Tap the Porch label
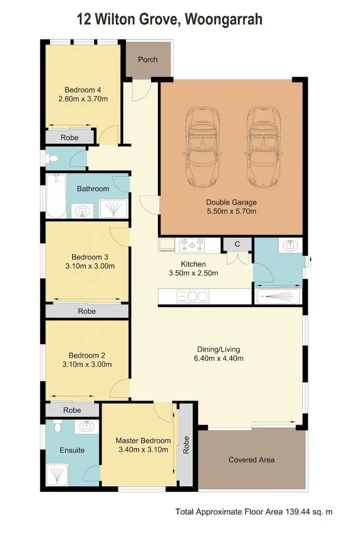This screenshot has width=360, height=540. pyautogui.click(x=147, y=60)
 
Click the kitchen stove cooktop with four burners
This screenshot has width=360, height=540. pyautogui.click(x=192, y=245)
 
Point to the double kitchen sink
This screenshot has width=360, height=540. pyautogui.click(x=192, y=296)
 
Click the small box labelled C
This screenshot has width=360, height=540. pyautogui.click(x=237, y=244)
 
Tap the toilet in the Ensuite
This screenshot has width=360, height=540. pyautogui.click(x=58, y=427)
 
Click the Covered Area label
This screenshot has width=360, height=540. pyautogui.click(x=252, y=460)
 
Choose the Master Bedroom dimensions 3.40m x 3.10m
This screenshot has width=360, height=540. pyautogui.click(x=143, y=450)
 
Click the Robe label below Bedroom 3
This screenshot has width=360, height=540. pyautogui.click(x=86, y=311)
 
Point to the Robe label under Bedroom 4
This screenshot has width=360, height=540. pyautogui.click(x=70, y=137)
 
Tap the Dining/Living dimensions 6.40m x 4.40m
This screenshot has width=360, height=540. pyautogui.click(x=218, y=358)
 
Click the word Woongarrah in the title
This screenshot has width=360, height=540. pyautogui.click(x=224, y=20)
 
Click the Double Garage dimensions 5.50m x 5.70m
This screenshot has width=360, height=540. pyautogui.click(x=231, y=211)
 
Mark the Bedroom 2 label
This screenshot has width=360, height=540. pyautogui.click(x=86, y=356)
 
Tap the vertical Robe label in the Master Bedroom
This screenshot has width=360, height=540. pyautogui.click(x=186, y=445)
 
